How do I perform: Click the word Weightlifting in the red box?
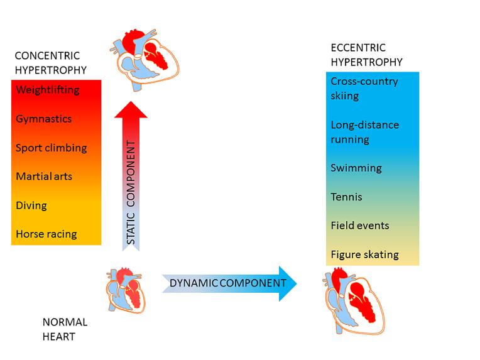[x=48, y=90]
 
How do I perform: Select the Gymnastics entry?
[x=44, y=119]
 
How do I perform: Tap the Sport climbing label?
[x=52, y=148]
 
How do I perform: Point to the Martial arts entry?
[x=44, y=177]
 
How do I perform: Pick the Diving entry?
[x=31, y=205]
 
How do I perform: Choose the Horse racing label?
[x=46, y=234]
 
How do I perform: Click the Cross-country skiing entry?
[x=364, y=89]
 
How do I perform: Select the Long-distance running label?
[x=365, y=132]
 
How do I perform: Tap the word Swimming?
[x=356, y=168]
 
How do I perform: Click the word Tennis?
[x=346, y=197]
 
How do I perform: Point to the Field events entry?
[x=360, y=226]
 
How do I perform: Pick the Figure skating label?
[x=365, y=254]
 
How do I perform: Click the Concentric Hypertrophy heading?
[x=50, y=63]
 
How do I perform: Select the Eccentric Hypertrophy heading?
[x=367, y=55]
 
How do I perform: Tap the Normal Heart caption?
[x=65, y=329]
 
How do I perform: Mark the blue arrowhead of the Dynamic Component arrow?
[x=287, y=283]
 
